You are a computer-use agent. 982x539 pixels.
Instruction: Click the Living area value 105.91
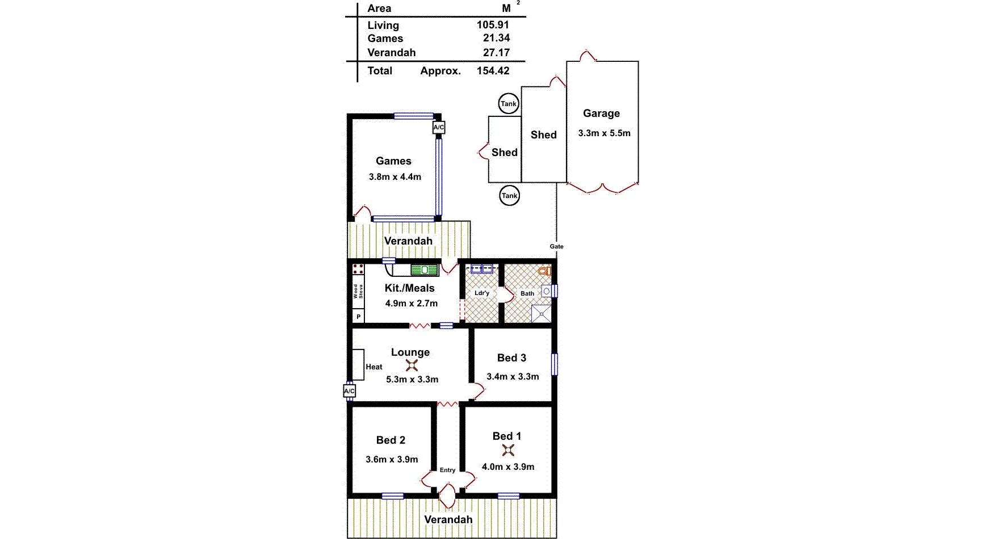pyautogui.click(x=493, y=25)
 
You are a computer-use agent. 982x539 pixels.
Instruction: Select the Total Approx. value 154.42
pyautogui.click(x=493, y=71)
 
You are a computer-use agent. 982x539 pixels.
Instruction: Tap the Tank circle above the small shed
pyautogui.click(x=509, y=104)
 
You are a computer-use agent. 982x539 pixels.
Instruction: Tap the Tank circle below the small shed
pyautogui.click(x=509, y=196)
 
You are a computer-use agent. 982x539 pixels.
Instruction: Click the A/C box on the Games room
pyautogui.click(x=439, y=128)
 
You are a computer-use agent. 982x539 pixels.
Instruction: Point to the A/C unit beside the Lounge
pyautogui.click(x=349, y=391)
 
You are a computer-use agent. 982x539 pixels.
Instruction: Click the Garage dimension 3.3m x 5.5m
pyautogui.click(x=604, y=133)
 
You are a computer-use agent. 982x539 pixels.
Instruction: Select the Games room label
pyautogui.click(x=393, y=161)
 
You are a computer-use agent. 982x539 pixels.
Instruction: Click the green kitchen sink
pyautogui.click(x=425, y=270)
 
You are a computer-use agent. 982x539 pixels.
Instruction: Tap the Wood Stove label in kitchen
pyautogui.click(x=358, y=292)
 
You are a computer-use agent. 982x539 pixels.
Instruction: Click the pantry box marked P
pyautogui.click(x=358, y=317)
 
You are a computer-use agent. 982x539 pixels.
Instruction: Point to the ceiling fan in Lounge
pyautogui.click(x=412, y=365)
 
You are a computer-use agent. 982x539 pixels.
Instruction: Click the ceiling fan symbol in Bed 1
pyautogui.click(x=508, y=450)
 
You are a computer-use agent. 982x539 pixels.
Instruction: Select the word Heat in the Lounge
pyautogui.click(x=374, y=367)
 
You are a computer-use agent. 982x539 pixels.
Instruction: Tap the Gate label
pyautogui.click(x=556, y=246)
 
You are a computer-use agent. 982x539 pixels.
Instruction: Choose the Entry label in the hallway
pyautogui.click(x=447, y=470)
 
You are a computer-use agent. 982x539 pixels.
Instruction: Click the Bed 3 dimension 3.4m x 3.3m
pyautogui.click(x=513, y=377)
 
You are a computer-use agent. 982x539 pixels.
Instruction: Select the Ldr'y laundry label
pyautogui.click(x=481, y=293)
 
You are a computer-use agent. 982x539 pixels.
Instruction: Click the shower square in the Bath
pyautogui.click(x=542, y=314)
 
